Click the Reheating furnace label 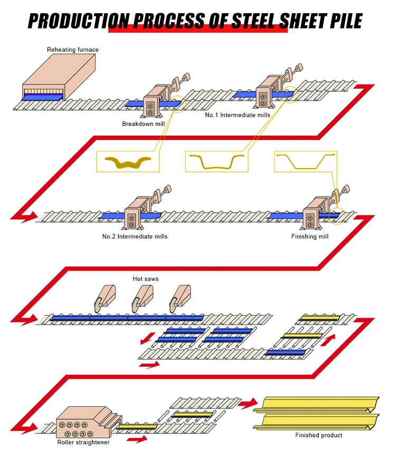pos(73,50)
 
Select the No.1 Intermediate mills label pos(238,115)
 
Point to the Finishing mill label pos(309,236)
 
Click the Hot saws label pos(146,279)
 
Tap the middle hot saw pos(142,299)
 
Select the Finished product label pos(318,435)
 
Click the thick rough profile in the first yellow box pos(128,162)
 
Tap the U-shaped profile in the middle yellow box pos(217,162)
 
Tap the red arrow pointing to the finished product pos(248,403)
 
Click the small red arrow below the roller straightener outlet pos(137,439)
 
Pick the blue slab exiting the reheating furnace pos(42,98)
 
